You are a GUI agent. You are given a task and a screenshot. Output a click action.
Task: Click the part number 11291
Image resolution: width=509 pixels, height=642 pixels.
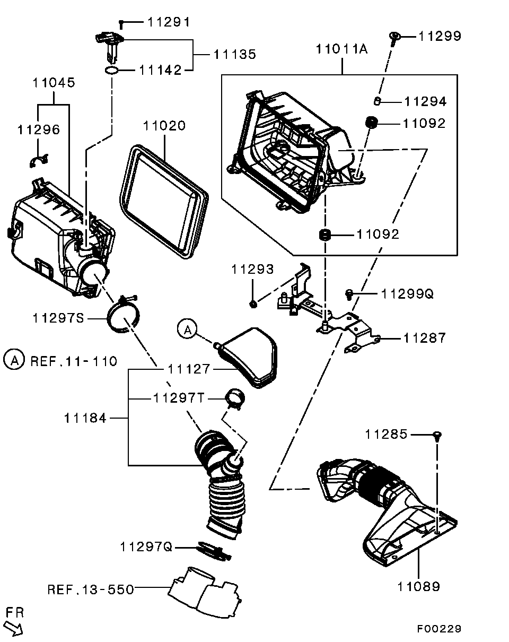[168, 22]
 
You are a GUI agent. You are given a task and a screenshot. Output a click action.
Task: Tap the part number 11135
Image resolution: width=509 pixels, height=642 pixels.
[235, 54]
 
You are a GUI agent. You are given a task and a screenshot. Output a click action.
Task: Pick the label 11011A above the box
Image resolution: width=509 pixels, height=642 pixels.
[341, 49]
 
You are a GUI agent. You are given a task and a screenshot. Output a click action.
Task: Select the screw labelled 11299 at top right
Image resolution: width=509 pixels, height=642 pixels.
[394, 38]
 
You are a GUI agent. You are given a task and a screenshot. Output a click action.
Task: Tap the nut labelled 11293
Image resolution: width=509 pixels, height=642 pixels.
[253, 303]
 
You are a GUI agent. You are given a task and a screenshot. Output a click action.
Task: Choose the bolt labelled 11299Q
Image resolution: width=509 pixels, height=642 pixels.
[349, 293]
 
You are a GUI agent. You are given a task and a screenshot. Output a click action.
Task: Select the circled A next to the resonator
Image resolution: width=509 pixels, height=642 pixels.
[186, 329]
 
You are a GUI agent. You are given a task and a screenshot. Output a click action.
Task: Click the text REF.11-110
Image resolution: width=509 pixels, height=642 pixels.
[74, 361]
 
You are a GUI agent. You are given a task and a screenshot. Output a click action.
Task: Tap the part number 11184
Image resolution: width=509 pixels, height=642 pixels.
[85, 418]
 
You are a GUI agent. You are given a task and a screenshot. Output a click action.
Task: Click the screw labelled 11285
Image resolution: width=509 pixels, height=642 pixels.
[437, 436]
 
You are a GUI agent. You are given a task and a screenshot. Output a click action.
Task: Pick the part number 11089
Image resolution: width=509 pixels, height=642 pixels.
[418, 586]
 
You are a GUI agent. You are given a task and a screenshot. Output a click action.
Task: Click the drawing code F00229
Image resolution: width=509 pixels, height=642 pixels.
[438, 629]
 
